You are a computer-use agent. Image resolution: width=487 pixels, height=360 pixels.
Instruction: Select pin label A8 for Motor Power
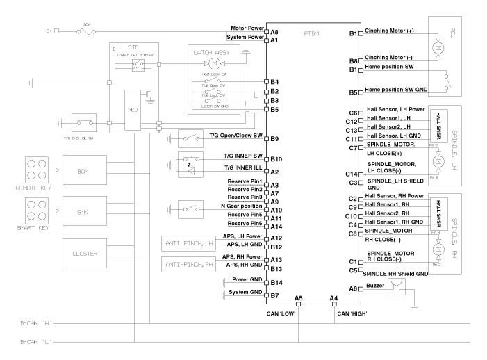coord(274,32)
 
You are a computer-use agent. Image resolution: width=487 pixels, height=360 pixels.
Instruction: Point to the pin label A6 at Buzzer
coord(353,288)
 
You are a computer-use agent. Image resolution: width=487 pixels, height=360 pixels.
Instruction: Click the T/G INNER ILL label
coord(240,171)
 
